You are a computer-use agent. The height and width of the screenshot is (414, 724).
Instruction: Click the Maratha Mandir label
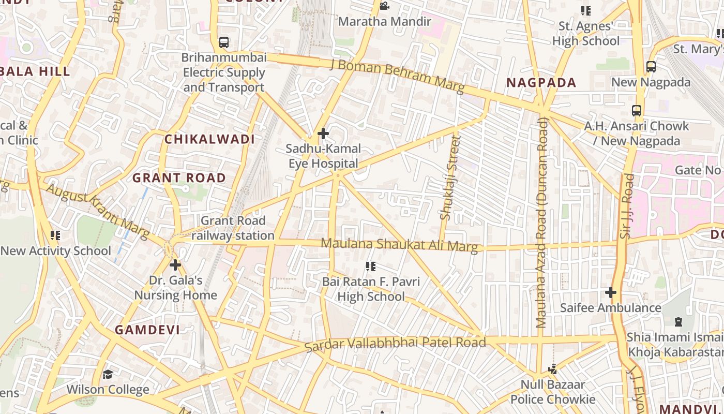[x=384, y=22]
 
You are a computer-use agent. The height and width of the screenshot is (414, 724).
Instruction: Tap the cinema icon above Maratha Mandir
[x=384, y=6]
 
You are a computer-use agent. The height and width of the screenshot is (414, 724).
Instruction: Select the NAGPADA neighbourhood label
[x=541, y=83]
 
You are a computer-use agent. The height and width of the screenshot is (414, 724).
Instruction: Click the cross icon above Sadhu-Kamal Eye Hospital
[x=323, y=134]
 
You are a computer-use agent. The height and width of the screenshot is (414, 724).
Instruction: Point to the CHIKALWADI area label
[x=209, y=139]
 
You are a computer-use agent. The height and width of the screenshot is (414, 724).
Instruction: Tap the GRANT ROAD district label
[x=179, y=178]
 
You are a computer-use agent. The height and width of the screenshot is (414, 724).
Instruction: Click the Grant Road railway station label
[x=233, y=228]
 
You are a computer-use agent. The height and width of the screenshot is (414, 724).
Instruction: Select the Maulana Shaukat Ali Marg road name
[x=399, y=244]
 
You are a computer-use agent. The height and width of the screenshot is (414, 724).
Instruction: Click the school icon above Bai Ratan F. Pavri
[x=370, y=267]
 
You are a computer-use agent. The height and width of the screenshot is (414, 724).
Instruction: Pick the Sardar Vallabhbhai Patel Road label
[x=395, y=343]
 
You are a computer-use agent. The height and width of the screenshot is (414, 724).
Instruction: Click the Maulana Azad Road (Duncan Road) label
[x=541, y=223]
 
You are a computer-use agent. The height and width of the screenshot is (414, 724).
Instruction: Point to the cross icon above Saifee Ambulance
[x=611, y=292]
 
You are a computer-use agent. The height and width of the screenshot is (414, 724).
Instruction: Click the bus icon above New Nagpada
[x=651, y=67]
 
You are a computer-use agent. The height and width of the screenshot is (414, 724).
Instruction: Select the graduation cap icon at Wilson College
[x=108, y=374]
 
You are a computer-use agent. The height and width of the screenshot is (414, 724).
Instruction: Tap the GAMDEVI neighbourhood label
[x=147, y=330]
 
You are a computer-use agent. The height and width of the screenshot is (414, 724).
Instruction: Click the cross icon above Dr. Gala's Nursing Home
[x=175, y=265]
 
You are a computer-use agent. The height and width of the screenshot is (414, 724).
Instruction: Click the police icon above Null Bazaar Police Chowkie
[x=553, y=369]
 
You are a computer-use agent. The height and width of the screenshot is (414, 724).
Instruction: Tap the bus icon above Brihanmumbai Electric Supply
[x=224, y=42]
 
